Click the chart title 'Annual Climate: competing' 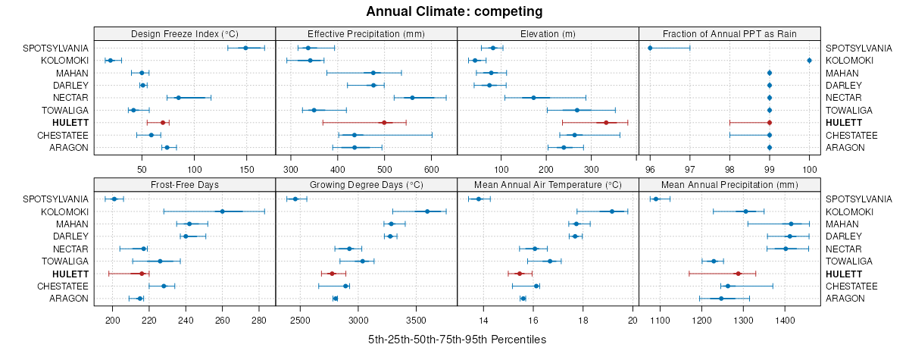[x=454, y=11]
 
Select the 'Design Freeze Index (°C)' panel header [x=185, y=33]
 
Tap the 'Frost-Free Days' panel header [x=185, y=184]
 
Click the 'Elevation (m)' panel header [x=548, y=33]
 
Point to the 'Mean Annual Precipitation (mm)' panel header [x=729, y=184]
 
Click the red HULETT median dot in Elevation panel [x=606, y=123]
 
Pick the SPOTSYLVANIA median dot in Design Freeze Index [x=245, y=48]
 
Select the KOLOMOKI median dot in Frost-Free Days [x=222, y=211]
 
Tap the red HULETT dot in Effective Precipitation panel [x=384, y=123]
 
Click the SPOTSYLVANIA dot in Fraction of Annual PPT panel [x=650, y=48]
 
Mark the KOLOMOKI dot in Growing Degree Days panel [x=427, y=211]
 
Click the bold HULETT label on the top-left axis [x=70, y=123]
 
